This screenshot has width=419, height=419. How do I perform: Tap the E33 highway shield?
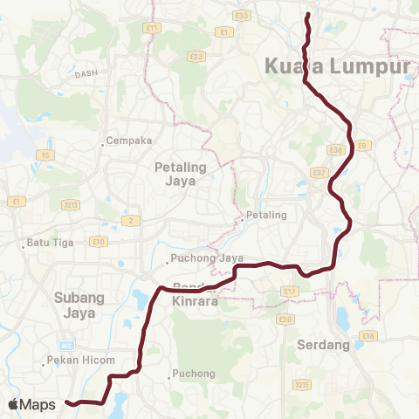pyautogui.click(x=243, y=16)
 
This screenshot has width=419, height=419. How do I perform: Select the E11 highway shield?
pyautogui.click(x=154, y=28)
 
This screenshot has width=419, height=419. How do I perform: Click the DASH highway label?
pyautogui.click(x=86, y=75)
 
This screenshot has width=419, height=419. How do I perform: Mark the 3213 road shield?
pyautogui.click(x=72, y=204)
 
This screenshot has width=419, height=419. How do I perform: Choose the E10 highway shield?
pyautogui.click(x=99, y=241)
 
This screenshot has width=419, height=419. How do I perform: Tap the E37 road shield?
pyautogui.click(x=319, y=173)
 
